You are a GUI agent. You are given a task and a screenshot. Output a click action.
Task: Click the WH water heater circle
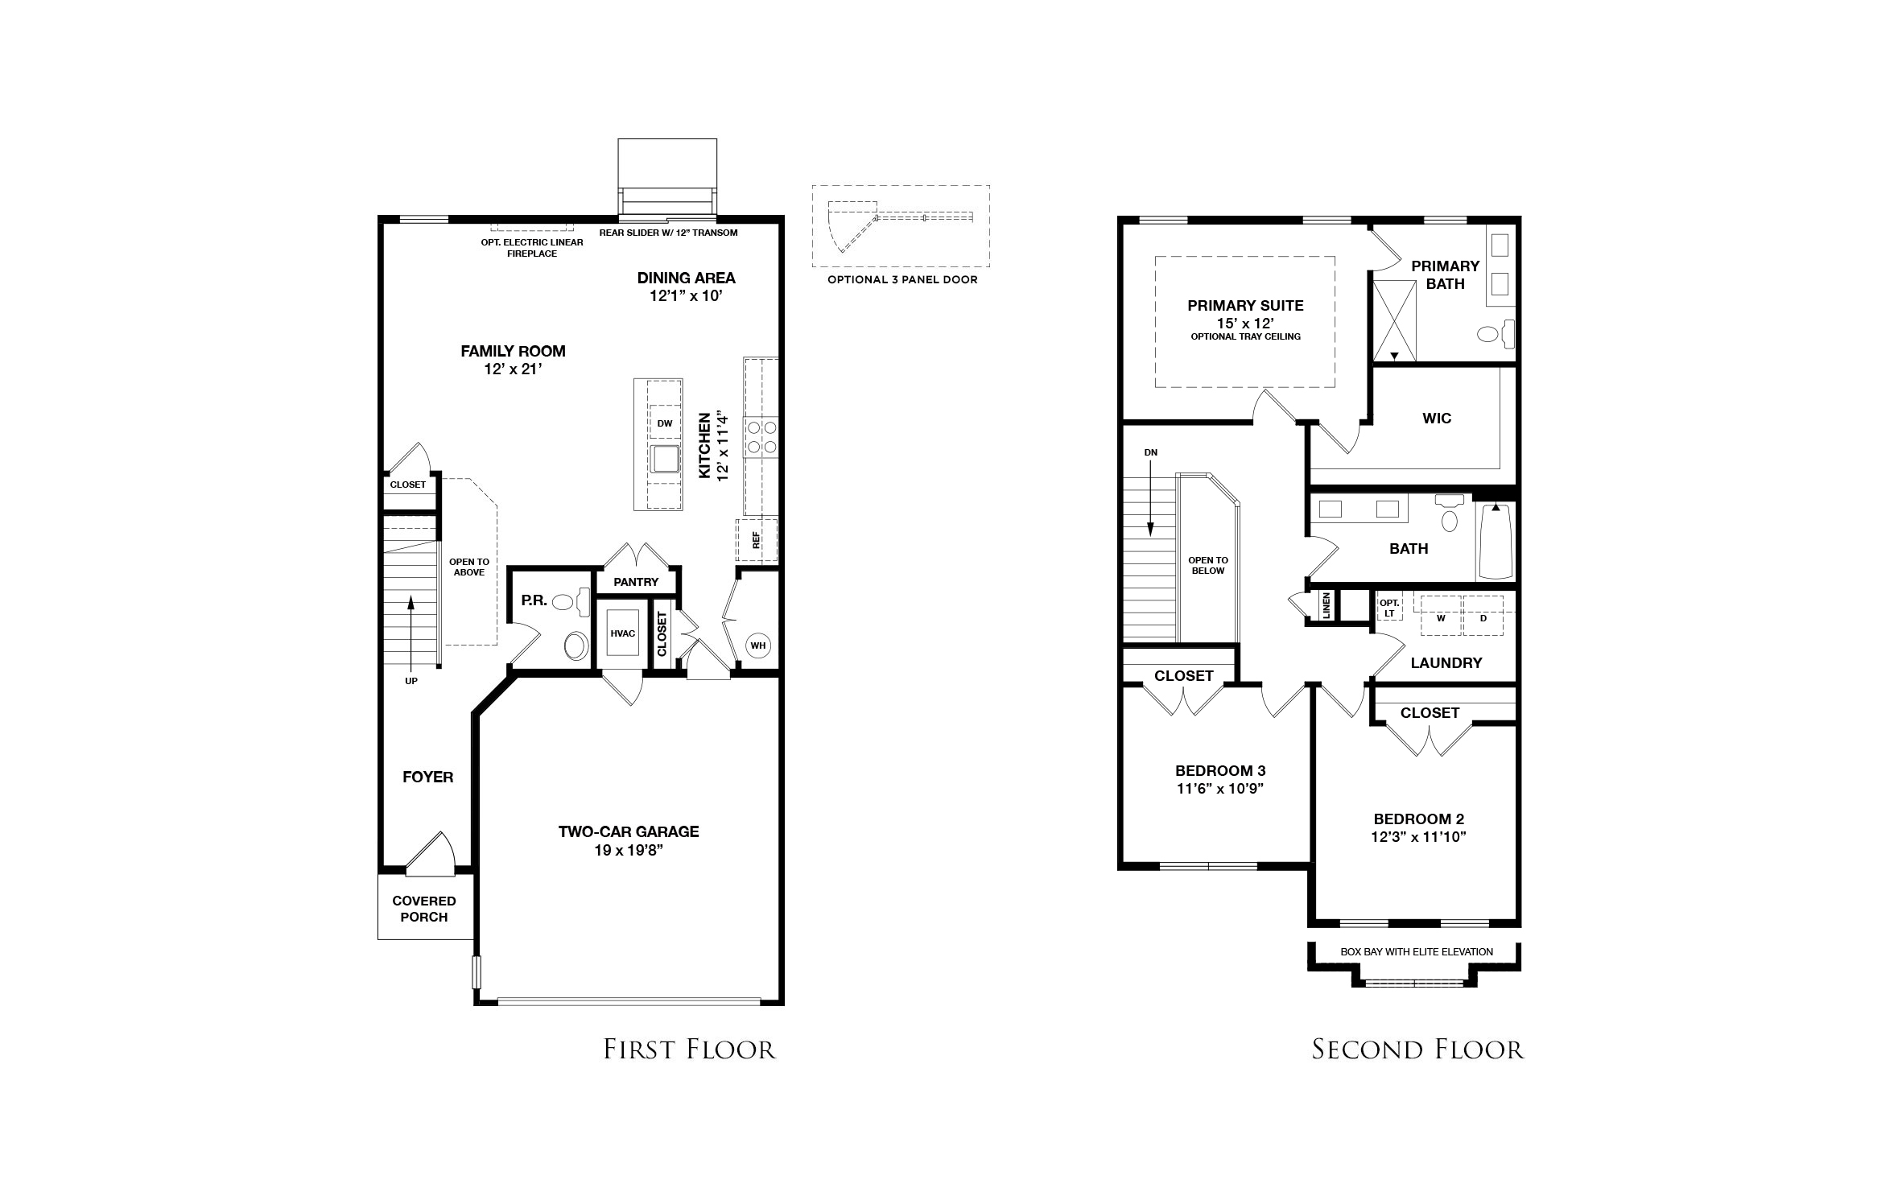(757, 645)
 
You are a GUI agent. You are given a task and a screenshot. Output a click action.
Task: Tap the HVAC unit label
(623, 633)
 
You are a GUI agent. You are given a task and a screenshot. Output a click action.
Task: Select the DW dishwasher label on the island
(665, 423)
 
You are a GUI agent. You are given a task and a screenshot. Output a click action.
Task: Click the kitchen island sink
(666, 460)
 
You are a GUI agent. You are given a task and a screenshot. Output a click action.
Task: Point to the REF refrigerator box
(757, 540)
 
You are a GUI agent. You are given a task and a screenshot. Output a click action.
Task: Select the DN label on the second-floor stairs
(1151, 452)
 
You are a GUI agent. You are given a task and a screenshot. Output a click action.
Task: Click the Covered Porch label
(424, 909)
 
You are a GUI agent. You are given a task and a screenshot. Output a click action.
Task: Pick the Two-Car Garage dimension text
(629, 848)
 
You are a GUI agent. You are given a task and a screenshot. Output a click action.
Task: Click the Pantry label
(636, 582)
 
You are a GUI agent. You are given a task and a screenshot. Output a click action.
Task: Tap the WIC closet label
(1437, 418)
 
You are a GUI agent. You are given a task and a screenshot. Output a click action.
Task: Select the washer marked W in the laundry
(1441, 616)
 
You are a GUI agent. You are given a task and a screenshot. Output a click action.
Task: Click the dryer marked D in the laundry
(1483, 616)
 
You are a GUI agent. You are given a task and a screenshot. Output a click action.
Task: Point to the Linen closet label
(1326, 606)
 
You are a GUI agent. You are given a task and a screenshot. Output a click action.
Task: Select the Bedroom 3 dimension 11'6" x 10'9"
(1220, 789)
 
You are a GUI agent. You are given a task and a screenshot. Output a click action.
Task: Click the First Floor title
(690, 1050)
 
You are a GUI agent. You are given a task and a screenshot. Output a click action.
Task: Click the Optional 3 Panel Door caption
(902, 280)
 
